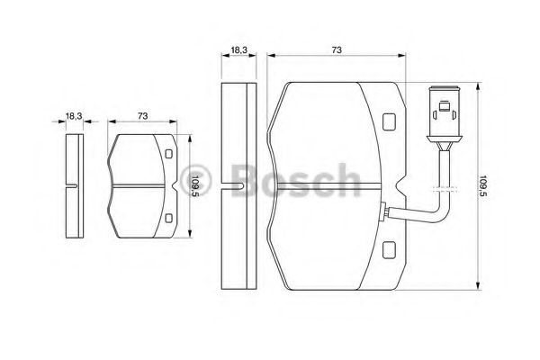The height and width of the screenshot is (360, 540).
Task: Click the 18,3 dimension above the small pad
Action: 74,116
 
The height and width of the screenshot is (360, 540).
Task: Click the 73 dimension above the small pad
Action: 142,116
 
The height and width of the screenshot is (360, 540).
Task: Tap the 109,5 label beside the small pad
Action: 195,186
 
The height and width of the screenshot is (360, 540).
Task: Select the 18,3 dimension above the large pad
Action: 239,50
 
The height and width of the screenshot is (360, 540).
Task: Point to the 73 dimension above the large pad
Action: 337,50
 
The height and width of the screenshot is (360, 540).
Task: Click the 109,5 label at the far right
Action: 483,186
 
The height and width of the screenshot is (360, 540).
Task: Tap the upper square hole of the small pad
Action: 168,154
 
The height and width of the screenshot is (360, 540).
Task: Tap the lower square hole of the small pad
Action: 168,218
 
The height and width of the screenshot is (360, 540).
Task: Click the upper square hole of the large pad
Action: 389,122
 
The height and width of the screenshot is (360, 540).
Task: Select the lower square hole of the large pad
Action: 389,250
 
